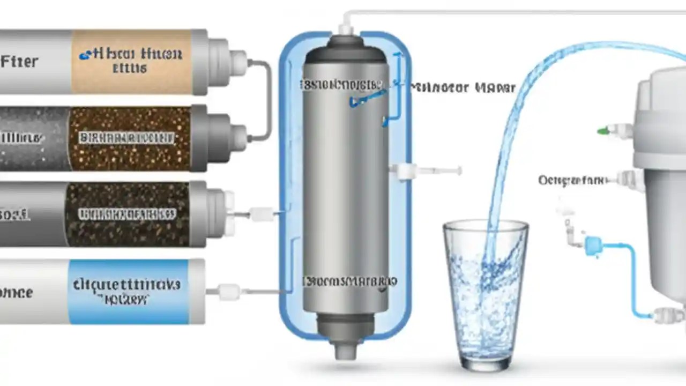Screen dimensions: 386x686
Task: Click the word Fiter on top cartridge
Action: coord(20,61)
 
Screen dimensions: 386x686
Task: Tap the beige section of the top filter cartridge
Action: coord(131,61)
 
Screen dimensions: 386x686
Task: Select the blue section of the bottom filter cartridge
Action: coord(129,291)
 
